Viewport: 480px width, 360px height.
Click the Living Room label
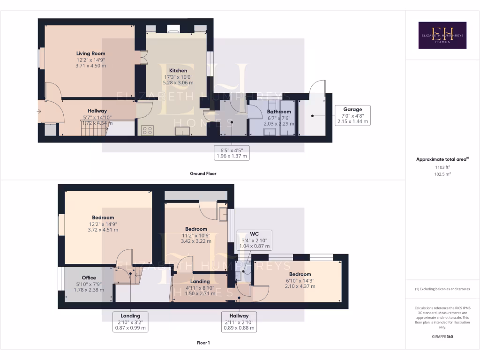pyautogui.click(x=91, y=53)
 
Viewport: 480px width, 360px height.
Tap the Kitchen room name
pyautogui.click(x=178, y=70)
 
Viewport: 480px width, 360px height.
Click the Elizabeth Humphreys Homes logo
pyautogui.click(x=442, y=35)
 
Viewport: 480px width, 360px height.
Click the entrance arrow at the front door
pyautogui.click(x=40, y=112)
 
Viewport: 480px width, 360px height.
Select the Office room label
pyautogui.click(x=89, y=277)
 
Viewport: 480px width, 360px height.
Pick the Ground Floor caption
pyautogui.click(x=202, y=173)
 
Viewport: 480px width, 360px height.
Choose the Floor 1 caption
pyautogui.click(x=202, y=343)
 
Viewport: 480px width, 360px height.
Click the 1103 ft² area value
pyautogui.click(x=442, y=167)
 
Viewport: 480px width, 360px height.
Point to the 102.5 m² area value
pyautogui.click(x=442, y=173)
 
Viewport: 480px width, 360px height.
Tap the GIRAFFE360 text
pyautogui.click(x=442, y=337)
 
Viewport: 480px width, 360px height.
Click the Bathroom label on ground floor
pyautogui.click(x=279, y=112)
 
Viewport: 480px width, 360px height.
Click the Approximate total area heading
pyautogui.click(x=442, y=159)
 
